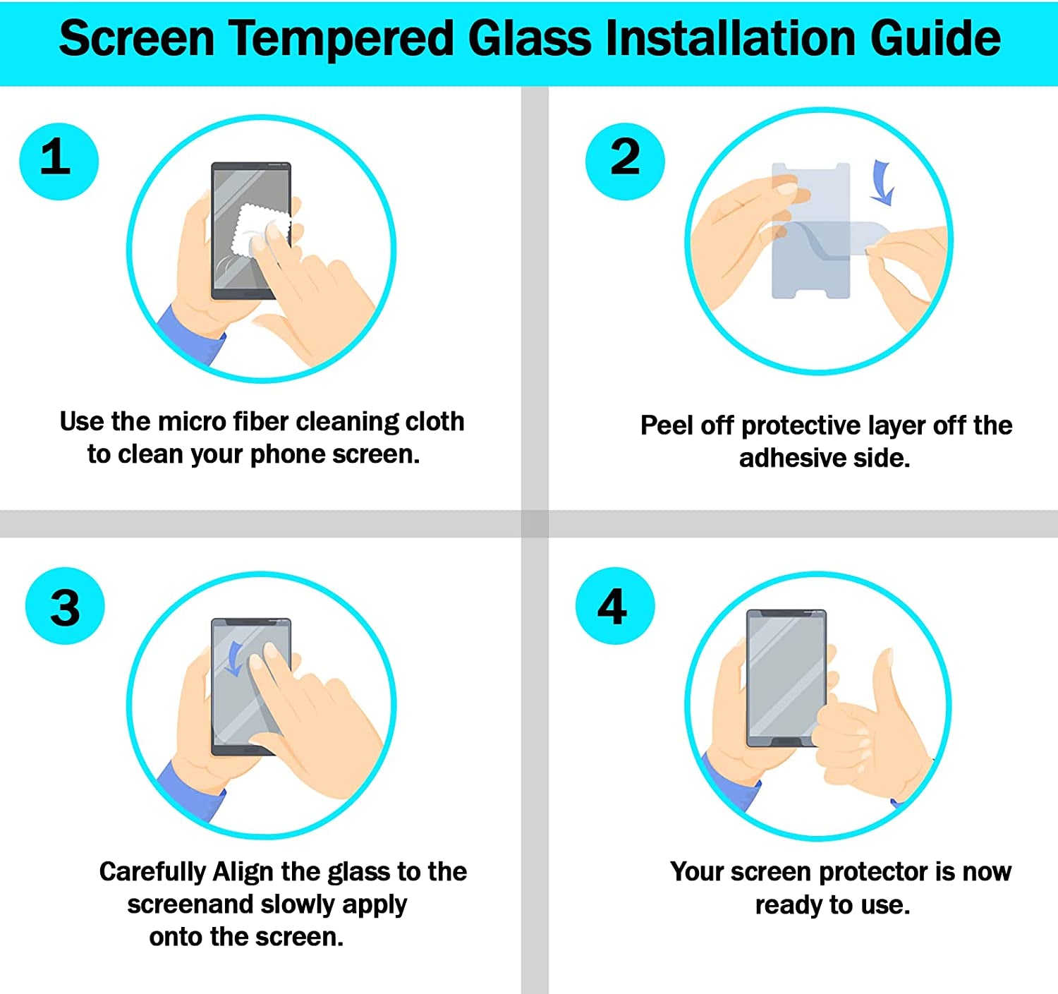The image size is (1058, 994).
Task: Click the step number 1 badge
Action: [x=59, y=161]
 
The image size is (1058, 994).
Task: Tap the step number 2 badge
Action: [x=625, y=161]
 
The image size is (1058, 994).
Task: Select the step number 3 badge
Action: [x=65, y=606]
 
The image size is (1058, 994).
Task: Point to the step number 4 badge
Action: [x=614, y=606]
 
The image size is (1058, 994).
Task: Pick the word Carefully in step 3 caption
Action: [x=152, y=873]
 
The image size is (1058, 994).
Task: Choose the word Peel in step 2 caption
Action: [x=667, y=425]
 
